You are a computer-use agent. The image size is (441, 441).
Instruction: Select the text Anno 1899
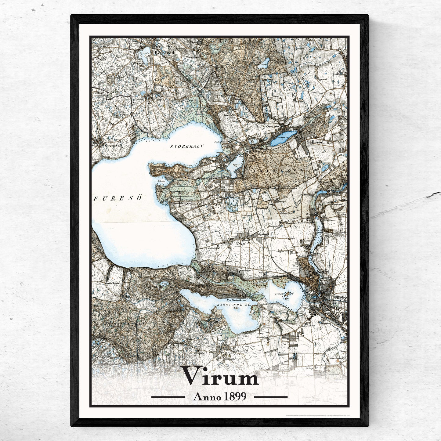click(220, 396)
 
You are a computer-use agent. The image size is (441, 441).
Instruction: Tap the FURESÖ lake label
click(118, 198)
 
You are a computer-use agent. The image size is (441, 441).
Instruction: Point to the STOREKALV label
click(186, 146)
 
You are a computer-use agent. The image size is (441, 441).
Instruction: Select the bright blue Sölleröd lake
click(284, 137)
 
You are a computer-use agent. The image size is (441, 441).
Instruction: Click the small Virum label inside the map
click(240, 244)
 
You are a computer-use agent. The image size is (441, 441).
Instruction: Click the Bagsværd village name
click(239, 351)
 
